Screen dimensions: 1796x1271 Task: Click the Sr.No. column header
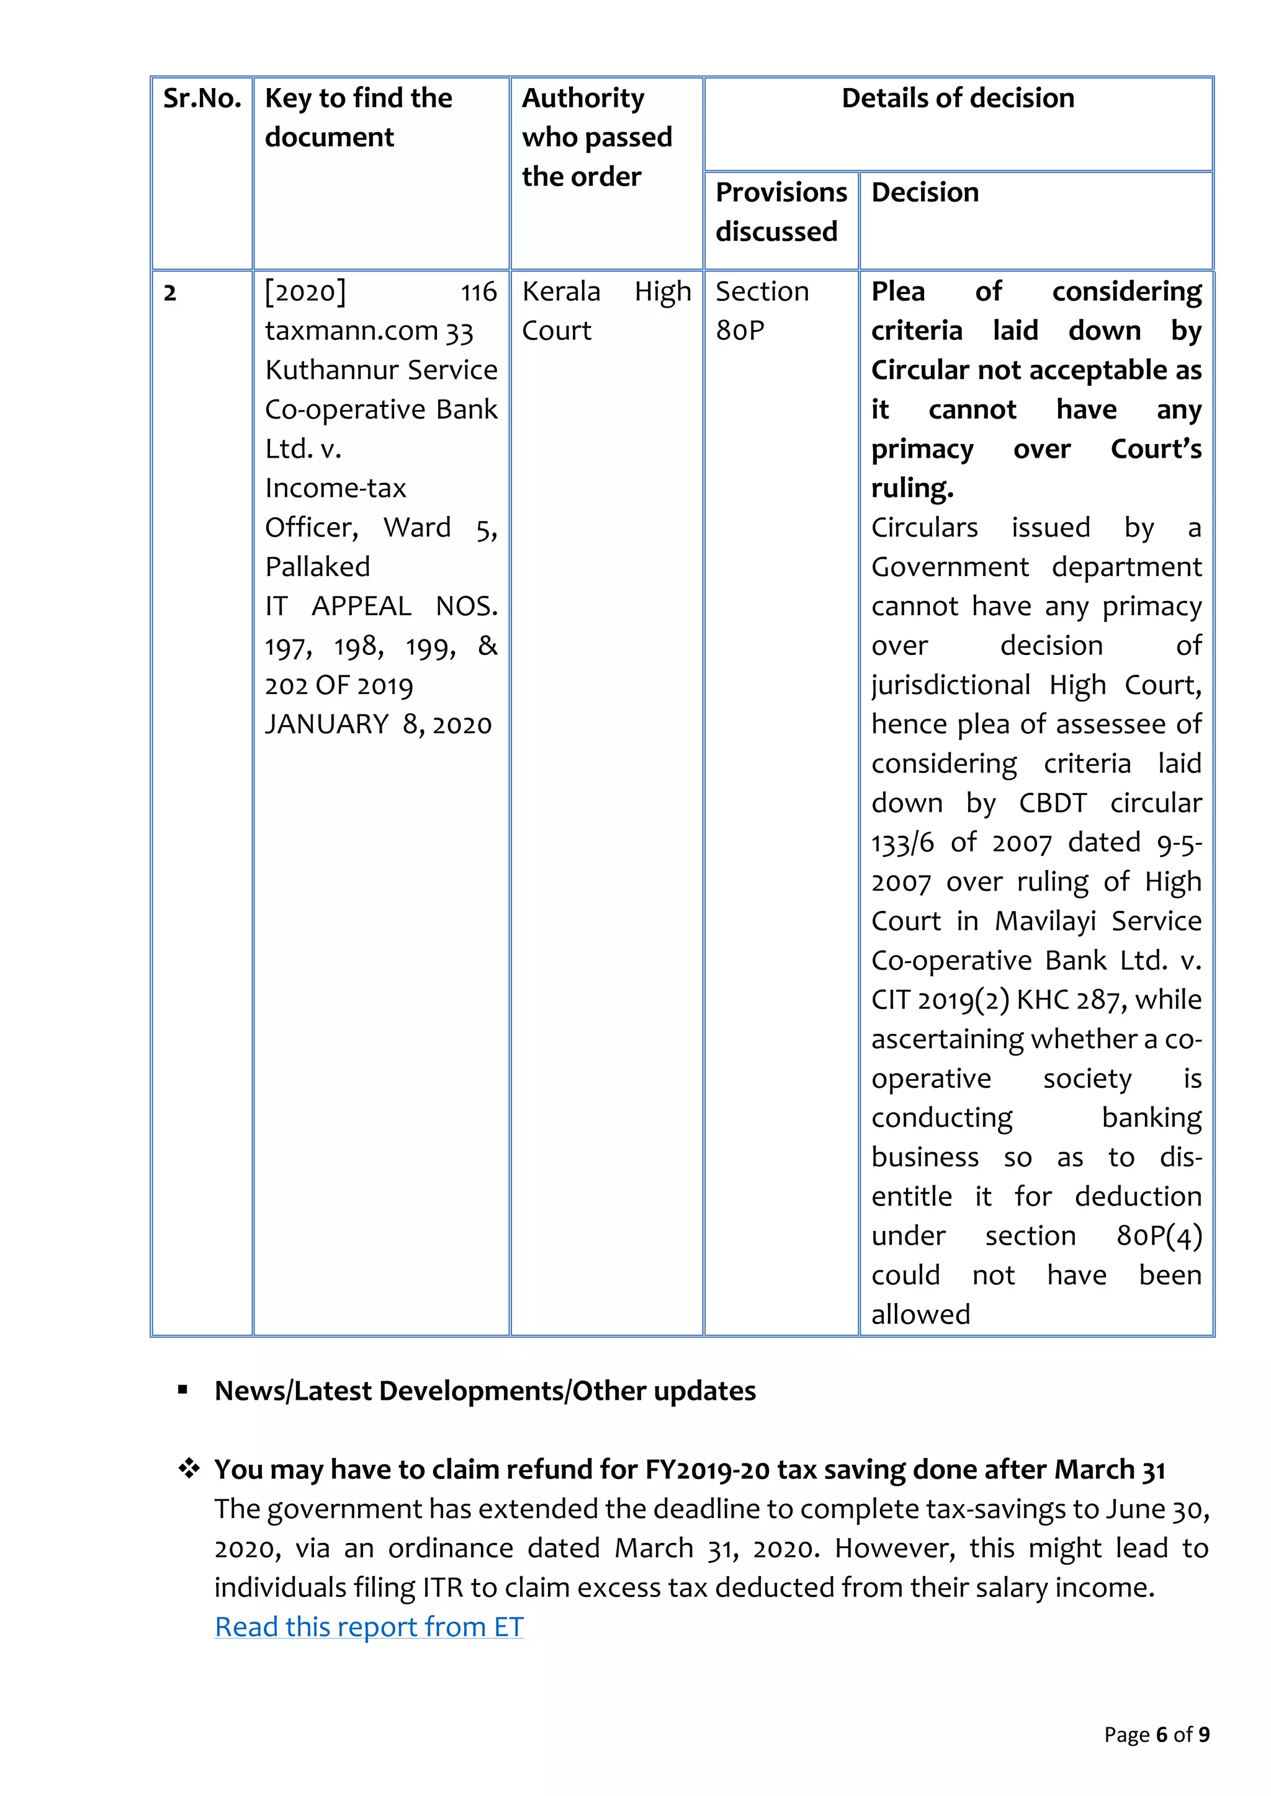click(202, 99)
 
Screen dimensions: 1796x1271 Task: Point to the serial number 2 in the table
click(170, 293)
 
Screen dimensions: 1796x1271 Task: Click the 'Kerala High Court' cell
click(606, 311)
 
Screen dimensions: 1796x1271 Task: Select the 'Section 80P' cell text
click(761, 311)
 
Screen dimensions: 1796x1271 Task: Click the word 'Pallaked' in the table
click(317, 566)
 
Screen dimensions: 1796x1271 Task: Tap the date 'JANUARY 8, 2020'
click(378, 724)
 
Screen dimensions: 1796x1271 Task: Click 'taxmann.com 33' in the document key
click(369, 331)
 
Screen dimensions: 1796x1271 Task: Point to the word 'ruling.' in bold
click(912, 488)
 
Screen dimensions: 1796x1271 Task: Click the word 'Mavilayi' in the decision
click(1045, 922)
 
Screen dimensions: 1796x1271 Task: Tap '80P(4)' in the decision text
click(1158, 1236)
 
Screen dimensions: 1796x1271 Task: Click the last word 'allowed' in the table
click(920, 1314)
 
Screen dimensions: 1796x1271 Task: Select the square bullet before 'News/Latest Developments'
click(182, 1390)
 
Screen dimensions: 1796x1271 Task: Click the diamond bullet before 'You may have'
click(189, 1469)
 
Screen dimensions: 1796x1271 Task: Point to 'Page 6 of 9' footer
click(1156, 1734)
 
